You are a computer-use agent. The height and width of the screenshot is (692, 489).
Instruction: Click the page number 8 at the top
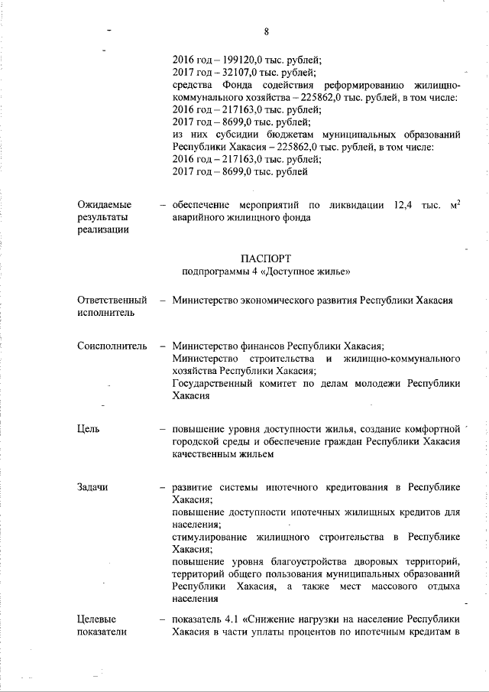(266, 31)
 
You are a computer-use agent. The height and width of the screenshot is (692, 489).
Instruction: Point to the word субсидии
(233, 135)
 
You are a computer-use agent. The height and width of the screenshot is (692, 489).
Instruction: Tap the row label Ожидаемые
(104, 204)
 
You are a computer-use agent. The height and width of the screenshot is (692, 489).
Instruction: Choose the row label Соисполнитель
(112, 346)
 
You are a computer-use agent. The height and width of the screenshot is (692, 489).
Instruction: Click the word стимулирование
(211, 537)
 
